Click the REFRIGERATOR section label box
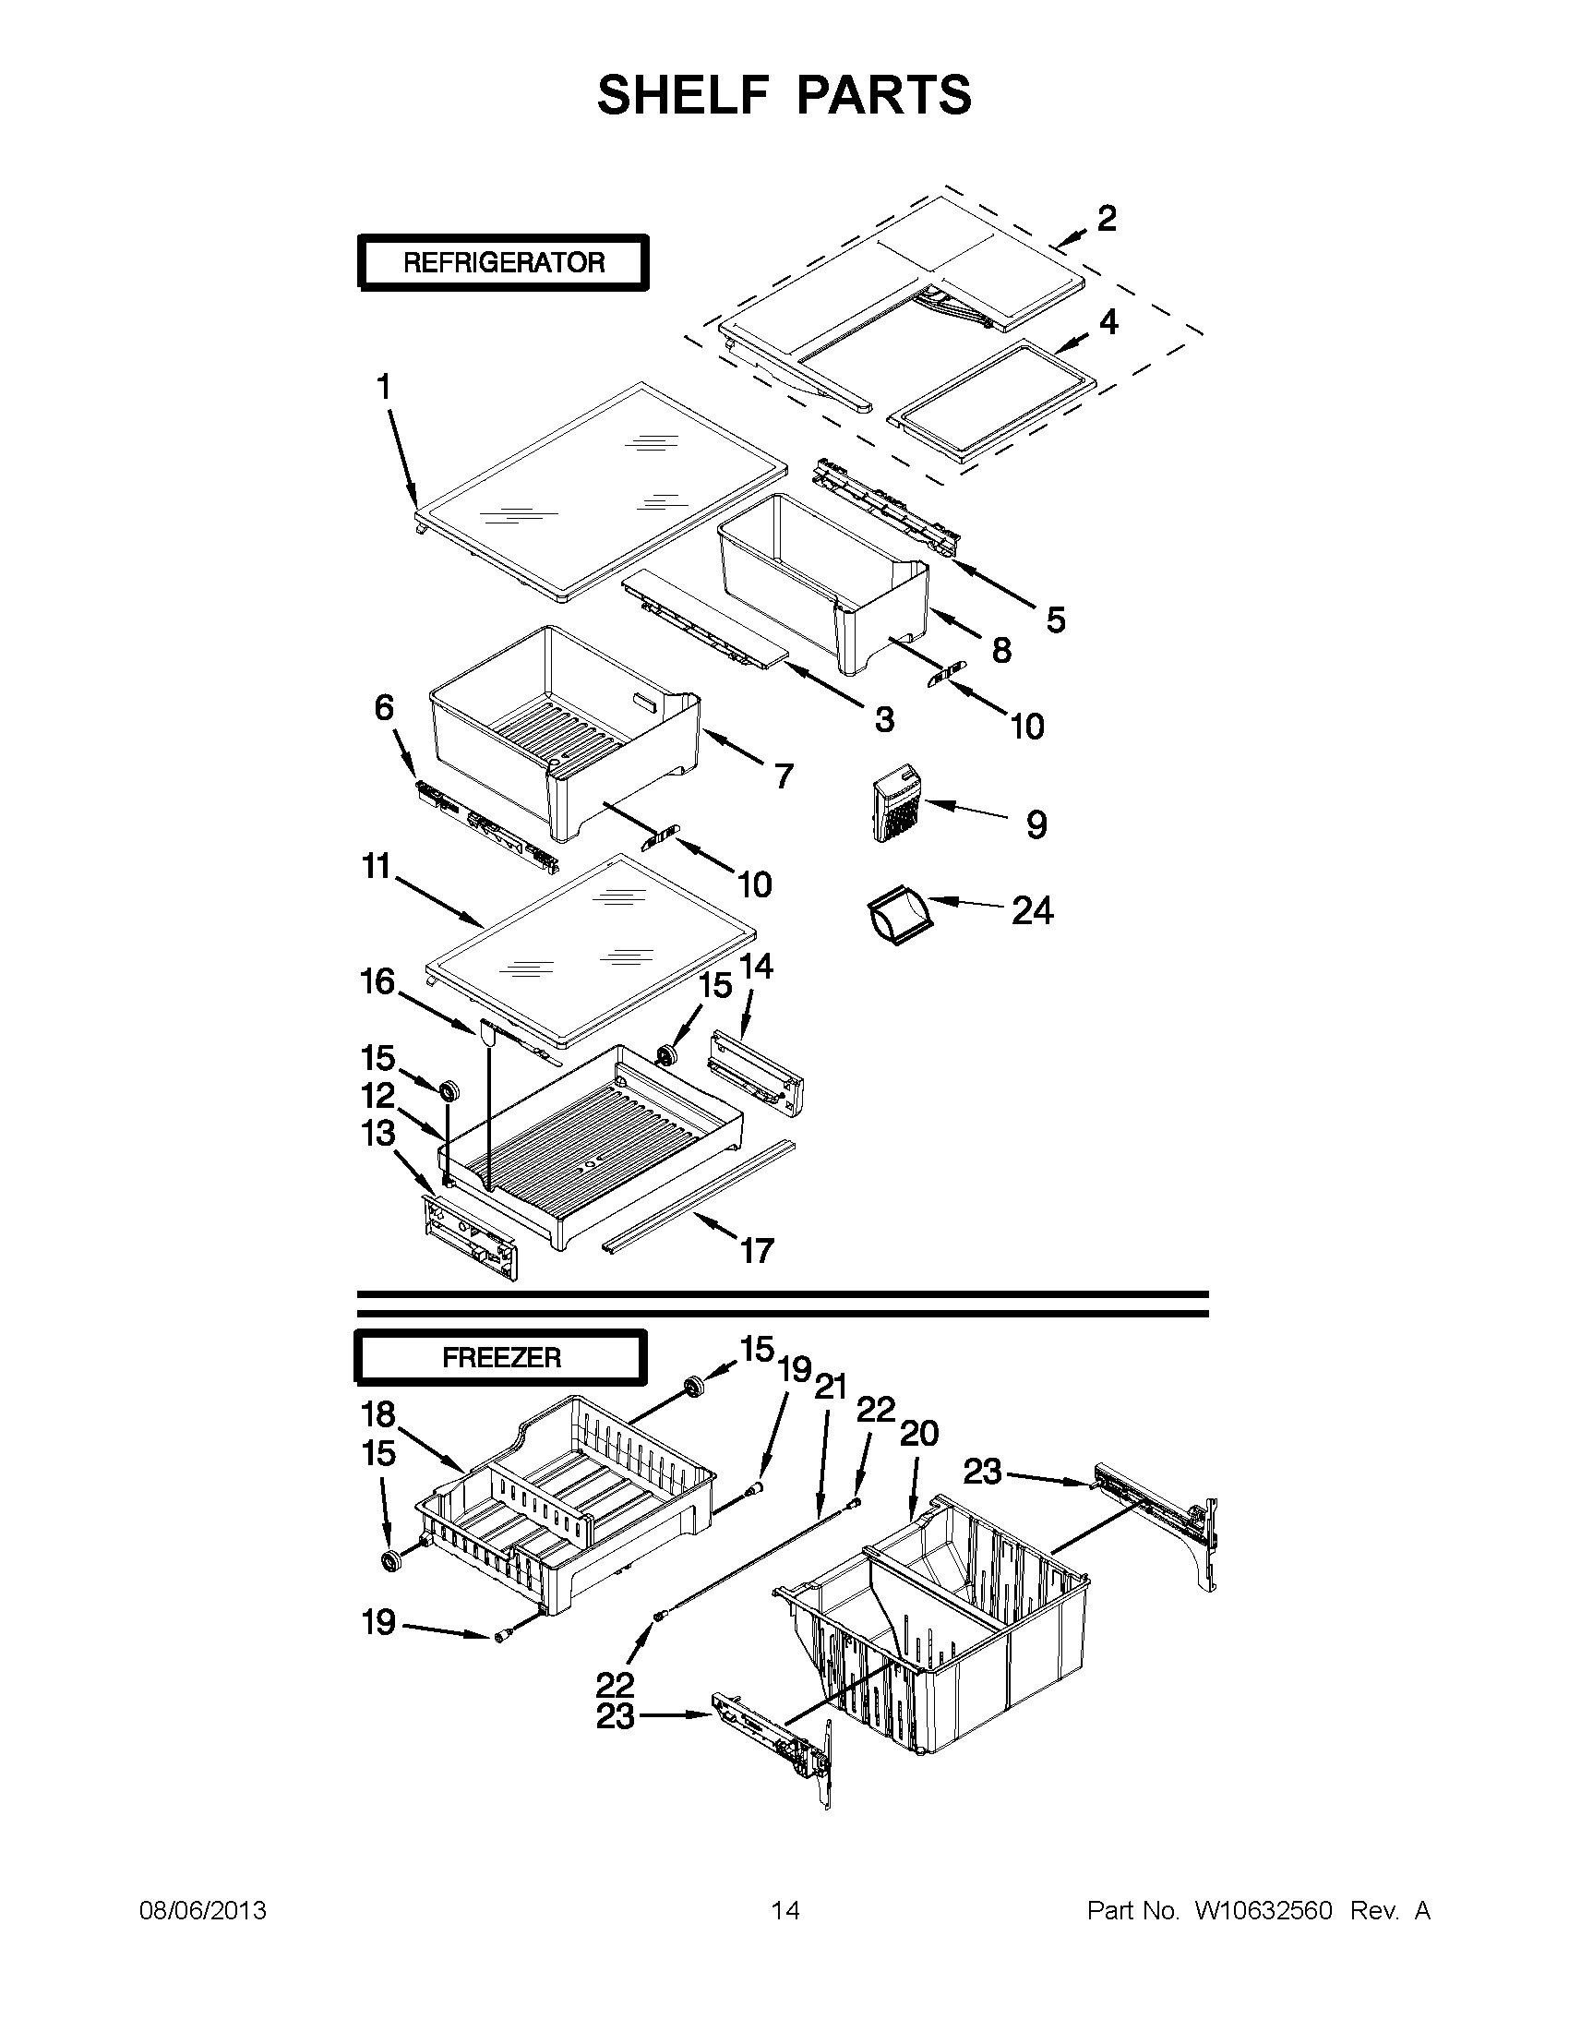(503, 262)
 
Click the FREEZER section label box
(500, 1357)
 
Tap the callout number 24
(1033, 911)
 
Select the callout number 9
(1036, 824)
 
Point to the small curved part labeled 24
(898, 918)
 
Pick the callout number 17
(757, 1249)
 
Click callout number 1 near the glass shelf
(383, 386)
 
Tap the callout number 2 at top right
(1106, 219)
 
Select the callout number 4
(1108, 322)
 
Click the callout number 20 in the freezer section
(919, 1434)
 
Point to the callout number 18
(378, 1414)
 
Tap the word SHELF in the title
(677, 95)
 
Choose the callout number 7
(784, 775)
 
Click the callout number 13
(378, 1133)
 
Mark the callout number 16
(378, 981)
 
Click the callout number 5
(1055, 619)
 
